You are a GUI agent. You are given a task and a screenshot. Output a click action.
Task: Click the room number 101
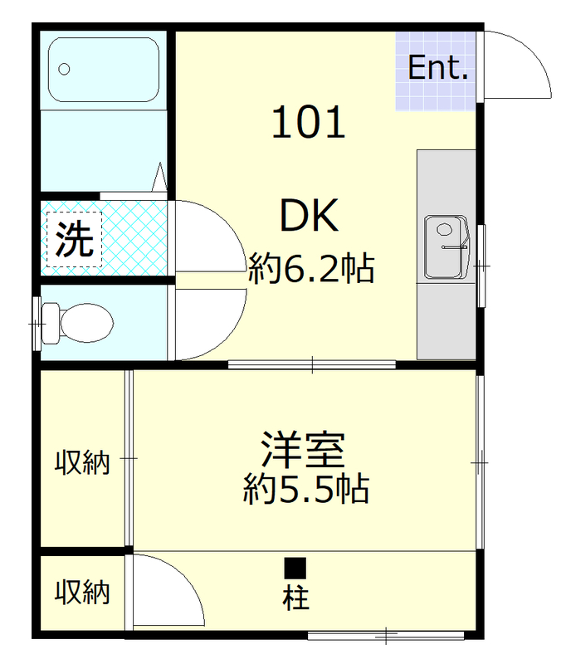[308, 124]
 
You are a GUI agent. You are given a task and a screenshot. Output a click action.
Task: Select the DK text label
[308, 217]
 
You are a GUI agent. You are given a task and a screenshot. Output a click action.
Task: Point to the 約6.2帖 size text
[311, 268]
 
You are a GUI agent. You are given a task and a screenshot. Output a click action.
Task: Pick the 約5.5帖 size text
[305, 490]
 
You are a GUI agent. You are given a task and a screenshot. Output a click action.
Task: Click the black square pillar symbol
[295, 569]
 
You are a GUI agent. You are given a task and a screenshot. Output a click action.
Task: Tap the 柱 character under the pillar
[295, 598]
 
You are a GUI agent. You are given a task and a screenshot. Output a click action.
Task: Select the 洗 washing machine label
[74, 240]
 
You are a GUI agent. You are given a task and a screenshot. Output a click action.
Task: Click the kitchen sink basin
[446, 247]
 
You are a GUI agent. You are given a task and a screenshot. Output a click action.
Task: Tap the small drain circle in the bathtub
[64, 69]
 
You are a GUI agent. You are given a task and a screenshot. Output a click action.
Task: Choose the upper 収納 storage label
[82, 461]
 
